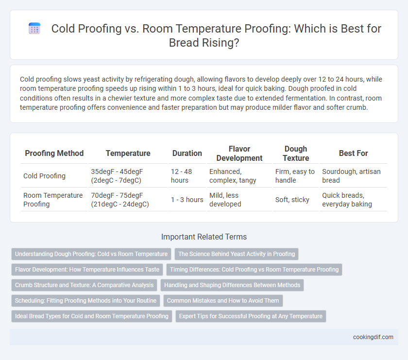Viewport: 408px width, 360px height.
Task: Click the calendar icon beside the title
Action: pyautogui.click(x=34, y=28)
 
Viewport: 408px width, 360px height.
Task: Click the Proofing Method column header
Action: pyautogui.click(x=54, y=154)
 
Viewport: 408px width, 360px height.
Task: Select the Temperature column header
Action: pyautogui.click(x=128, y=154)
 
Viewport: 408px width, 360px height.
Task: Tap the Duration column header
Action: pyautogui.click(x=187, y=154)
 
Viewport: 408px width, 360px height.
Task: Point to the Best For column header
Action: pyautogui.click(x=354, y=154)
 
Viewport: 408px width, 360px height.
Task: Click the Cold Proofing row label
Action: pyautogui.click(x=44, y=176)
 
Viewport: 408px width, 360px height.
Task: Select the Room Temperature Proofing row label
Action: pyautogui.click(x=53, y=200)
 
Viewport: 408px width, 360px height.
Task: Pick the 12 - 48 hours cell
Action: pyautogui.click(x=181, y=176)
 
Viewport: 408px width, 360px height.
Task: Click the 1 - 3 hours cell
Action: pyautogui.click(x=187, y=200)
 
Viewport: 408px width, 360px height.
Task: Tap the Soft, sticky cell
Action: pyautogui.click(x=292, y=200)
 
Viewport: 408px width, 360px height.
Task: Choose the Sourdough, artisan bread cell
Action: pyautogui.click(x=351, y=176)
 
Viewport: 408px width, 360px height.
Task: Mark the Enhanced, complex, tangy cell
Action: pyautogui.click(x=233, y=176)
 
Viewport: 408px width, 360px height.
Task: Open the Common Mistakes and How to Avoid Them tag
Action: pyautogui.click(x=223, y=301)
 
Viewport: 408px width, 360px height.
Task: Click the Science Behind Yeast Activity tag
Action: pyautogui.click(x=237, y=254)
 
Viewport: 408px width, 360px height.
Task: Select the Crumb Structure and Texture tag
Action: pyautogui.click(x=85, y=285)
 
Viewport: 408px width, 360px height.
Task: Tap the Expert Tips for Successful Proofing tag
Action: pyautogui.click(x=251, y=316)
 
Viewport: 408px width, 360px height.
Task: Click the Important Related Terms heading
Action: pyautogui.click(x=204, y=237)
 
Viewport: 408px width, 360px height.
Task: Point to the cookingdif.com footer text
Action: pyautogui.click(x=373, y=337)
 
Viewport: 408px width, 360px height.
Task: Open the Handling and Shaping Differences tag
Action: pyautogui.click(x=232, y=285)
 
